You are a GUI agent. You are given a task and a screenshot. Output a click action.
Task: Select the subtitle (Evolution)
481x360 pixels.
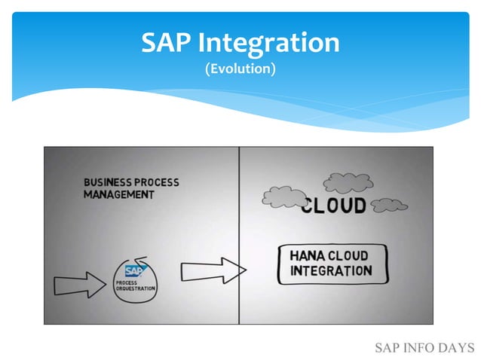click(x=240, y=69)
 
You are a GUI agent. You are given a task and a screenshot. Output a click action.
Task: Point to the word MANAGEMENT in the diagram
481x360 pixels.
click(x=119, y=194)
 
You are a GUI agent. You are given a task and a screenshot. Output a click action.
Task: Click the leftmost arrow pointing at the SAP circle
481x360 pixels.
click(x=80, y=285)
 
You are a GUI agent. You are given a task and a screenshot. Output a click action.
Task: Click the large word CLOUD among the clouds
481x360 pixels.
click(x=333, y=206)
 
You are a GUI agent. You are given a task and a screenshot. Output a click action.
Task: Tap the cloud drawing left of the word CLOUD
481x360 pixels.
click(x=281, y=197)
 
